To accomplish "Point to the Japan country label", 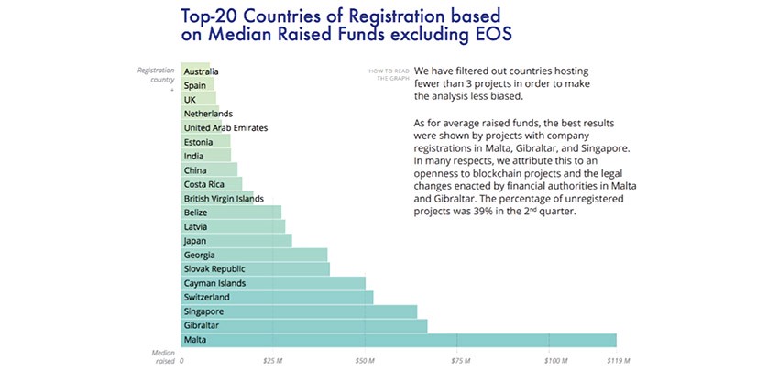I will click(195, 241).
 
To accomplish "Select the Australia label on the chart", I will click(201, 71).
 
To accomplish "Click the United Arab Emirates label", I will click(225, 128).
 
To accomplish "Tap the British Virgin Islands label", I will click(224, 199).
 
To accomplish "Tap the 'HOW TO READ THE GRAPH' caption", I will click(386, 74).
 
